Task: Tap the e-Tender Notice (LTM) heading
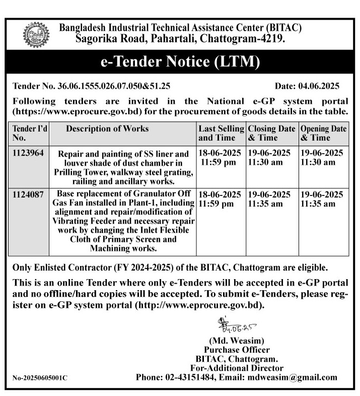(180, 62)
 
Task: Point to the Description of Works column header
(107, 128)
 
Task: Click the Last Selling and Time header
(221, 133)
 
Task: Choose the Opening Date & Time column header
(323, 133)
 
